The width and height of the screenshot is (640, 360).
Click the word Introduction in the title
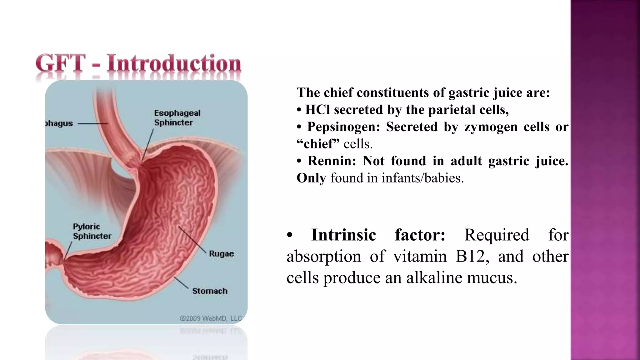[x=174, y=63]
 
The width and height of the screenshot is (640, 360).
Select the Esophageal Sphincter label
[x=177, y=118]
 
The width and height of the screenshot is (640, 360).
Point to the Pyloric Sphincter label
[x=92, y=231]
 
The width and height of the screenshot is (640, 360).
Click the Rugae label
[x=221, y=254]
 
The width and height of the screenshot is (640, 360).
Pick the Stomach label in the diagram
[x=210, y=291]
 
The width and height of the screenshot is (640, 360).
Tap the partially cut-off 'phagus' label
[x=59, y=123]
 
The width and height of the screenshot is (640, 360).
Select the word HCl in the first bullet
[x=317, y=110]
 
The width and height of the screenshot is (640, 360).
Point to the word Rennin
[x=332, y=161]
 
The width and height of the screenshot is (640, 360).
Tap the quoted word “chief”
[x=318, y=144]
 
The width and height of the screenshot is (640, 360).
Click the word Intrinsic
[x=343, y=235]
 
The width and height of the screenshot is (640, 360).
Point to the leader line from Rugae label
[x=192, y=240]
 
